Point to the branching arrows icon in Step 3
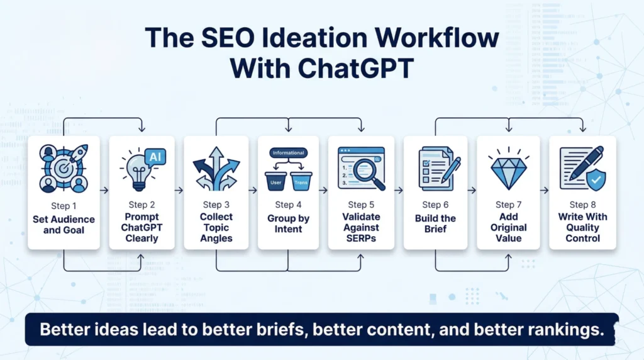tap(216, 168)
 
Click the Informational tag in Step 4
tap(288, 153)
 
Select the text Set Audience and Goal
tap(64, 224)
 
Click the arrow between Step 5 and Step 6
tap(397, 189)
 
